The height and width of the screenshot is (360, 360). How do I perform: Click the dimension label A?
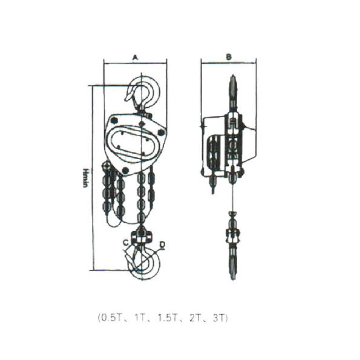pyautogui.click(x=136, y=57)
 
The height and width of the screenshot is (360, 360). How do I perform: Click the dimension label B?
pyautogui.click(x=229, y=57)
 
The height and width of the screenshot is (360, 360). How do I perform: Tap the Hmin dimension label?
pyautogui.click(x=85, y=178)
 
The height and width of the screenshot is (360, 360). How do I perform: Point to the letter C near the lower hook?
pyautogui.click(x=125, y=242)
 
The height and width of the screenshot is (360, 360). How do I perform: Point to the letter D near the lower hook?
pyautogui.click(x=162, y=244)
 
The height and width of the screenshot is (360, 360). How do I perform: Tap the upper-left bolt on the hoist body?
pyautogui.click(x=114, y=120)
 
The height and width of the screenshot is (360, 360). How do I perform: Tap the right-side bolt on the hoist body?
pyautogui.click(x=162, y=133)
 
